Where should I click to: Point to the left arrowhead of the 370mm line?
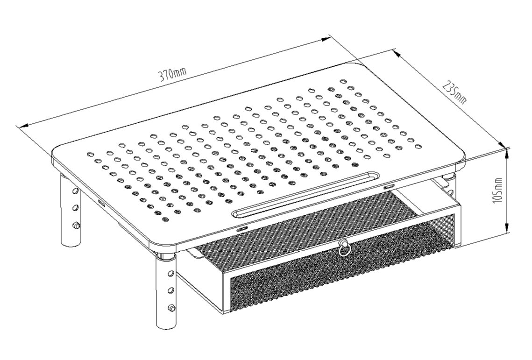pos(24,126)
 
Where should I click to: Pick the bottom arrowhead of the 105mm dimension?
pos(507,227)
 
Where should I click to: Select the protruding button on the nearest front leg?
pos(172,308)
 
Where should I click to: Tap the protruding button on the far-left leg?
pos(77,225)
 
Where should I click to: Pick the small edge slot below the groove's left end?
pos(242,229)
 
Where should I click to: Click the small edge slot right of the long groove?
pos(389,187)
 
